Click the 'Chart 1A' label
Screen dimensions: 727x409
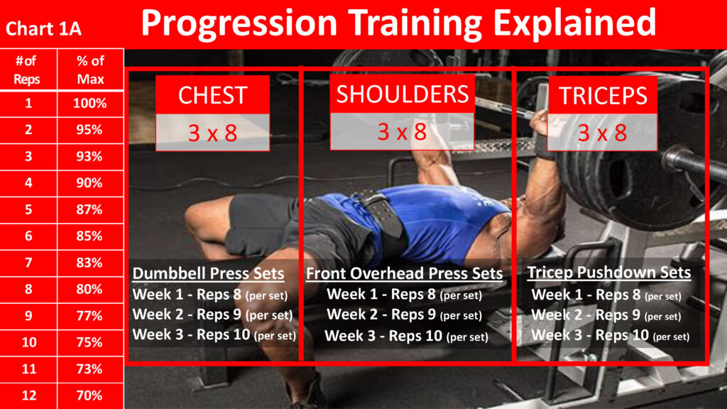[43, 28]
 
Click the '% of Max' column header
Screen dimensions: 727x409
[90, 70]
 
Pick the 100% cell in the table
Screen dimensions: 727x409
[90, 104]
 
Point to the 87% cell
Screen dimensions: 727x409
[90, 209]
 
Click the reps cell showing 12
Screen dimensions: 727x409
[28, 396]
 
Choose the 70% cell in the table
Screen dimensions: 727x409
[90, 396]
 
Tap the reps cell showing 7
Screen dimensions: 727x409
[28, 263]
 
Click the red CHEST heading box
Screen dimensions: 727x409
[212, 95]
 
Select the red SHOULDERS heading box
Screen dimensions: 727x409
[402, 94]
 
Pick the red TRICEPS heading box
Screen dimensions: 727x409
[602, 95]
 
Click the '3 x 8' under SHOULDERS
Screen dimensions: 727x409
[402, 131]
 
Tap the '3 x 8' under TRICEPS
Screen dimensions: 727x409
[602, 133]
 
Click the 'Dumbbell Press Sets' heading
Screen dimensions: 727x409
[208, 273]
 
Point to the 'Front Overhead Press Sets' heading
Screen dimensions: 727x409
[404, 273]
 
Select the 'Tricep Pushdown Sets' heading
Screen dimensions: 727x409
[608, 272]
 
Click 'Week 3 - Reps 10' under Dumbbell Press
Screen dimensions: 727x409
[191, 334]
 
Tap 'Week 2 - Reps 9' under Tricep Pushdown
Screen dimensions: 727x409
[586, 315]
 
